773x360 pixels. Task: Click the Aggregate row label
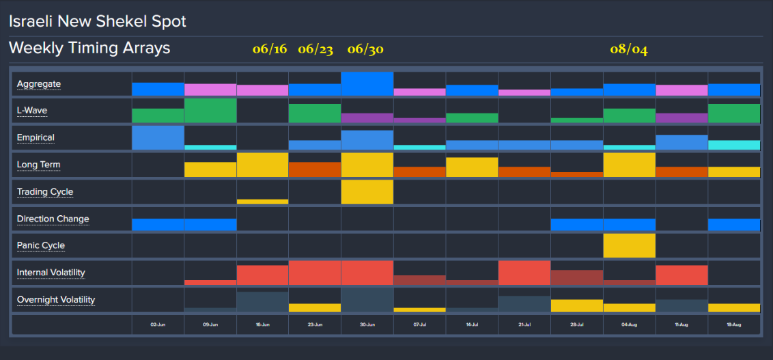(39, 84)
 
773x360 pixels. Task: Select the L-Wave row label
(32, 110)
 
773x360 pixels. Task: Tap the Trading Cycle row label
(45, 192)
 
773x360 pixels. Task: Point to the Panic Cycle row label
(41, 245)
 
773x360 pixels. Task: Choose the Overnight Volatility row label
(56, 300)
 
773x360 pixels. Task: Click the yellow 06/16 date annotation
(270, 49)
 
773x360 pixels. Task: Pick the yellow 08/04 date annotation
(629, 49)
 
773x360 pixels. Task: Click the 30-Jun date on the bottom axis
(367, 326)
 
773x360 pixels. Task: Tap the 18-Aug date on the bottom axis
(734, 326)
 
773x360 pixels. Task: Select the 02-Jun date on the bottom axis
(158, 326)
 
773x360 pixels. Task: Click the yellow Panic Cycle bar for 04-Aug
(629, 245)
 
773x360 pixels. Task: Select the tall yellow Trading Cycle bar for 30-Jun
(367, 192)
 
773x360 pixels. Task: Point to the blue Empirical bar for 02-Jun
(158, 137)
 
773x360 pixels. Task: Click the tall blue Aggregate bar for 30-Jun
(367, 83)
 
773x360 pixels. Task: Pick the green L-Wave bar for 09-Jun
(210, 111)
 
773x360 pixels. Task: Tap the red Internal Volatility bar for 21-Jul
(524, 273)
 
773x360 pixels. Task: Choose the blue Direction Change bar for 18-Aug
(734, 225)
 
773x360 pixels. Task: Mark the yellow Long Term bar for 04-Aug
(629, 165)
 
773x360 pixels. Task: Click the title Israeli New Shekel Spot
(97, 21)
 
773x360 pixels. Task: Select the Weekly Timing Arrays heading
(89, 49)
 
